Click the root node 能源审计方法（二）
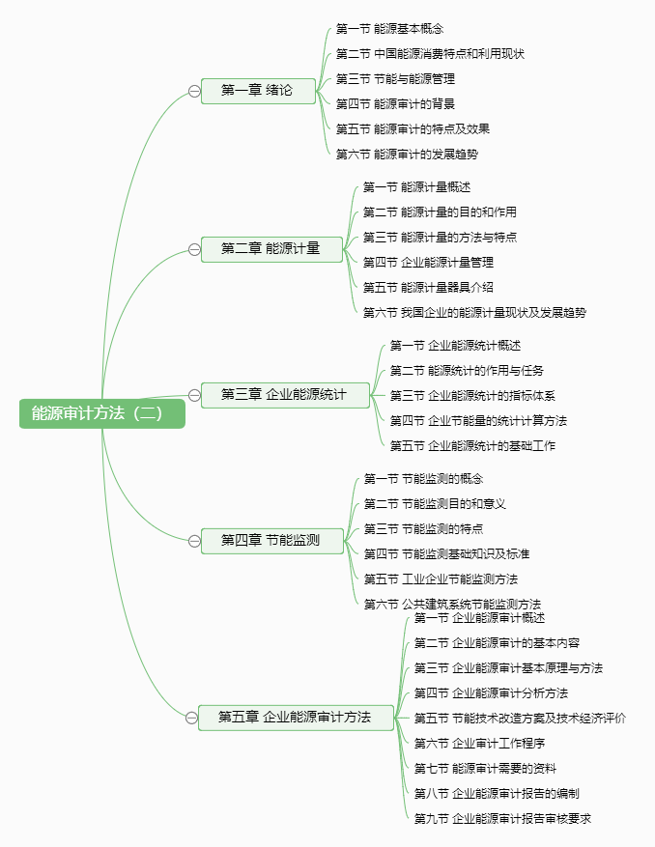click(102, 413)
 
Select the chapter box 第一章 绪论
click(258, 91)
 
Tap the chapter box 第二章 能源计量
click(271, 249)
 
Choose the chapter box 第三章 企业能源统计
click(285, 395)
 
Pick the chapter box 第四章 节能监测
click(271, 541)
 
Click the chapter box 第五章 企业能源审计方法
click(296, 718)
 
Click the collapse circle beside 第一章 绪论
click(194, 92)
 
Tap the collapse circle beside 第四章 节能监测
click(194, 541)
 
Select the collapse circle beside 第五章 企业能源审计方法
click(191, 718)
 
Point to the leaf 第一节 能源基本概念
click(389, 29)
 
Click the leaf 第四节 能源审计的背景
click(395, 103)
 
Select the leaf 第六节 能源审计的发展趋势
click(407, 154)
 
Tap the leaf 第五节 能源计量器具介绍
click(428, 288)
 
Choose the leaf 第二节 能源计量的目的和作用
click(440, 212)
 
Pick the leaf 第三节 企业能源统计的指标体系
click(472, 395)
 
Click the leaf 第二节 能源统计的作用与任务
click(467, 371)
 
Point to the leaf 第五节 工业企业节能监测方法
click(441, 579)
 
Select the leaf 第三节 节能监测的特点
click(424, 529)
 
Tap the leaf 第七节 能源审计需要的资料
click(485, 768)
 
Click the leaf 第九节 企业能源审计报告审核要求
click(502, 818)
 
